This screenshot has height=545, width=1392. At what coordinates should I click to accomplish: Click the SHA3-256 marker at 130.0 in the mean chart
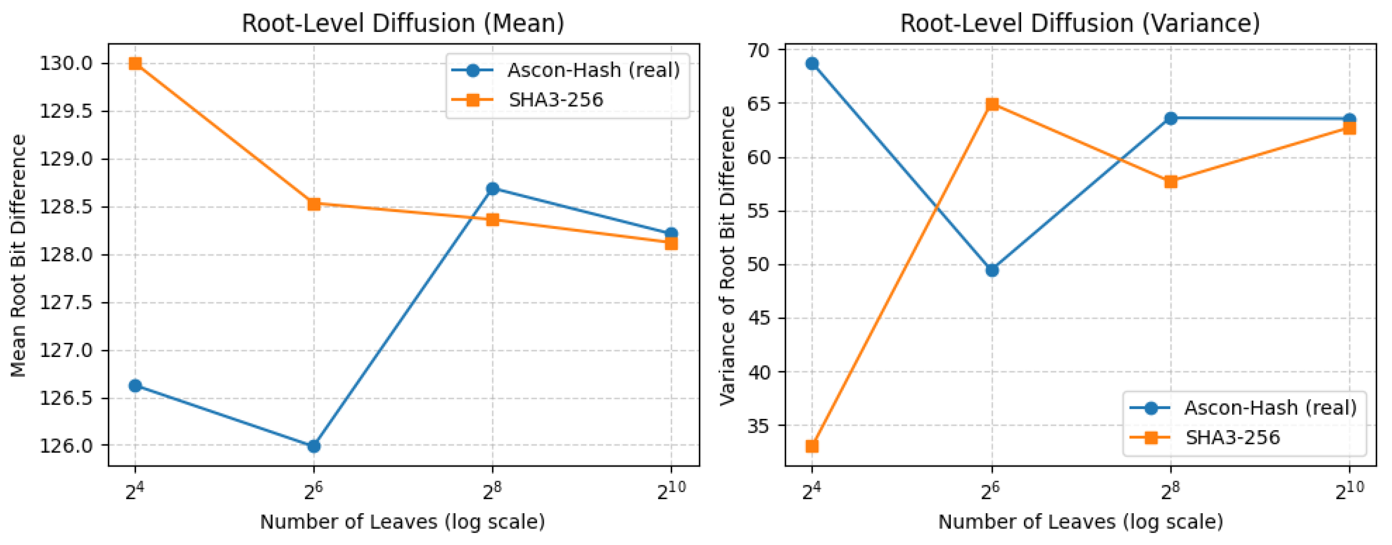coord(135,64)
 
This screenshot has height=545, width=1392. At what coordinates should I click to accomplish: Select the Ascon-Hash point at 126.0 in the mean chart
coord(314,446)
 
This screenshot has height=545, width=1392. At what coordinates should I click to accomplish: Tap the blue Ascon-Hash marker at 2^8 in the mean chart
coord(492,189)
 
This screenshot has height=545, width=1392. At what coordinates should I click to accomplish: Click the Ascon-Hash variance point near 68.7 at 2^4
coord(812,64)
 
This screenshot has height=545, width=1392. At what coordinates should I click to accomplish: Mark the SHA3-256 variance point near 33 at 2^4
coord(812,446)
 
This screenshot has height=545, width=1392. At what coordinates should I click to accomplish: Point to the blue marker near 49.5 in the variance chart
coord(992,270)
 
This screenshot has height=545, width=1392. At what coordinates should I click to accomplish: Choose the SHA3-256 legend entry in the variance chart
coord(1233,437)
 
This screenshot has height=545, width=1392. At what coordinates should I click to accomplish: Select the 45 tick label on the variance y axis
coord(759,318)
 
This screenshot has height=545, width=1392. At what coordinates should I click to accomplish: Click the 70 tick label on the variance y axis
coord(759,50)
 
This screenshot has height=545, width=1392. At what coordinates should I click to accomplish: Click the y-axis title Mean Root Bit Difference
coord(18,255)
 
